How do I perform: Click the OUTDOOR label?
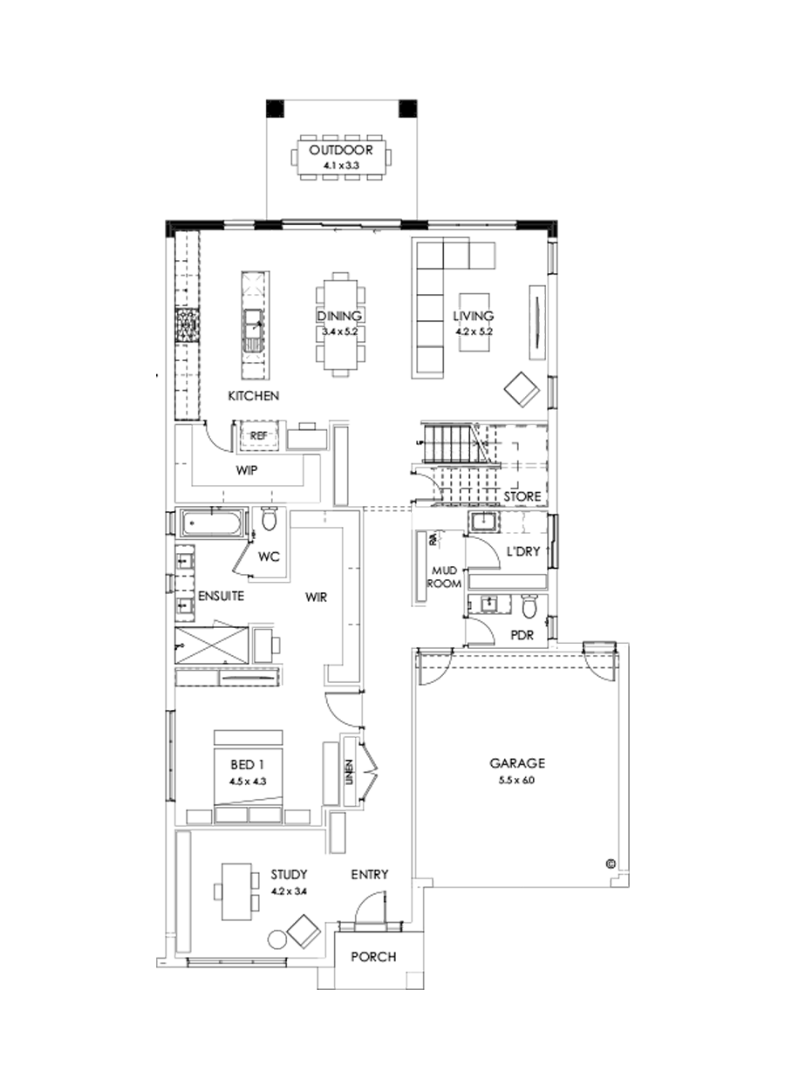pos(340,149)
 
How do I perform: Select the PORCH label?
pos(373,957)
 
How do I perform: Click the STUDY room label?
pos(289,873)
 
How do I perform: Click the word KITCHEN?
pos(253,396)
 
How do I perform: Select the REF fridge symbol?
pos(258,434)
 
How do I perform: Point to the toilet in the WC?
pos(269,521)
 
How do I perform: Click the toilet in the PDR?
pos(529,604)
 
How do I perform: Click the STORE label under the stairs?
pos(522,496)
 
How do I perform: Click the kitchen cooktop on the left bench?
pos(188,326)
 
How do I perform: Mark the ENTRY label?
pos(370,874)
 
